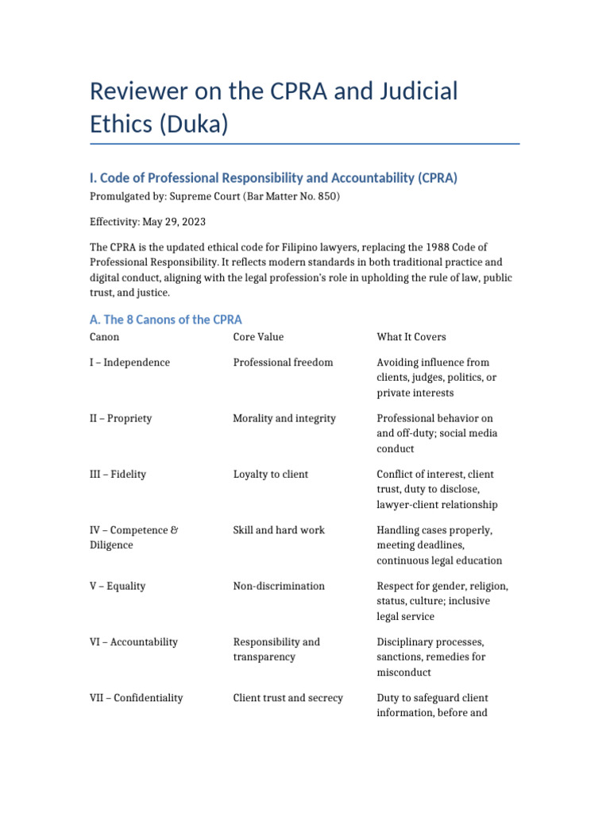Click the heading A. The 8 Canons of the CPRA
(x=166, y=320)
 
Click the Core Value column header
(x=258, y=337)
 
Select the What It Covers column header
(x=411, y=337)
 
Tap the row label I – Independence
(x=129, y=362)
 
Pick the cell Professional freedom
(x=283, y=362)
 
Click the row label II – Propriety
(x=121, y=418)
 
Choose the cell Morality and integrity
(x=284, y=418)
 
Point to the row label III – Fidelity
(x=118, y=474)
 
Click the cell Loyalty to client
(x=270, y=474)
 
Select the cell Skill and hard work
(x=279, y=530)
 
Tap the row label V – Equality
(x=118, y=586)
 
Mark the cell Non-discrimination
(x=279, y=586)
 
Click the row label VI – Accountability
(x=133, y=642)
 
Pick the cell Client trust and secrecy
(x=288, y=698)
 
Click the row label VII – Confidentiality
(x=137, y=698)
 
